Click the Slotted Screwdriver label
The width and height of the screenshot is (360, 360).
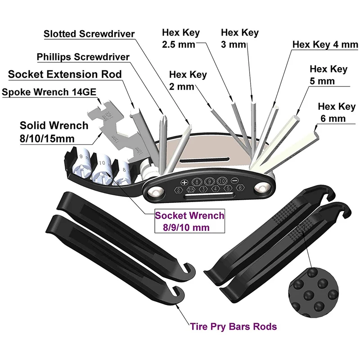pos(89,34)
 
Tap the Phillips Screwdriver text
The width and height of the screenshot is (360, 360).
pos(83,57)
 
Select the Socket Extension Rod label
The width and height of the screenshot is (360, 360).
pos(65,74)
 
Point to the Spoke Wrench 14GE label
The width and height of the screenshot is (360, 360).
pos(49,92)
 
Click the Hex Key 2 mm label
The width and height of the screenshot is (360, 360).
pos(188,81)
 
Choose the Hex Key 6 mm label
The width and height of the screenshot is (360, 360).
pos(337,112)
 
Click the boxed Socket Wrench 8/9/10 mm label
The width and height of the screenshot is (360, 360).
pos(189,221)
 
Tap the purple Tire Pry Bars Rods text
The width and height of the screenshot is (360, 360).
pos(234,326)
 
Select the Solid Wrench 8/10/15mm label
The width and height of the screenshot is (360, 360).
pos(54,132)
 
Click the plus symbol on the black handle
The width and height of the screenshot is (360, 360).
pos(184,183)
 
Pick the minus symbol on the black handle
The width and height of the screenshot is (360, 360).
pos(234,180)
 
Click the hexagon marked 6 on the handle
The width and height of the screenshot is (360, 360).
pos(240,188)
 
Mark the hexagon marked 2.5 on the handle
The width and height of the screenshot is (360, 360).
pos(191,189)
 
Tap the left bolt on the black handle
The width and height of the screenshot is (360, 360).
pos(156,192)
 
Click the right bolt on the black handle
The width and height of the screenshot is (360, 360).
pos(262,188)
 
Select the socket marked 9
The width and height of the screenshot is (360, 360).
pos(81,163)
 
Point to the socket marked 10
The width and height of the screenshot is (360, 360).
pos(102,170)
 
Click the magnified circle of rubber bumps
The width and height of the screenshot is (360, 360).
pos(314,293)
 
